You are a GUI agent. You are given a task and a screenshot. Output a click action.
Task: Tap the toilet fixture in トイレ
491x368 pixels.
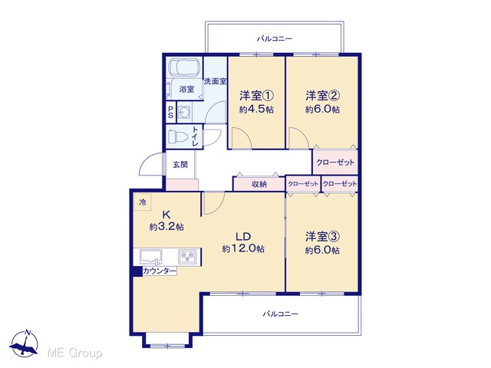177,136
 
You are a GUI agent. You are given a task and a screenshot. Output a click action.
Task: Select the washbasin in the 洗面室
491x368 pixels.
184,113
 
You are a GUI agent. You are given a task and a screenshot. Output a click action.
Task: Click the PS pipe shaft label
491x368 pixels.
170,112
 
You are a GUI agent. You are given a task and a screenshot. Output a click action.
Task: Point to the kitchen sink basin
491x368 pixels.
151,257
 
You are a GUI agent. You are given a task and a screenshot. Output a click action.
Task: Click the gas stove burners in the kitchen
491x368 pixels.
188,257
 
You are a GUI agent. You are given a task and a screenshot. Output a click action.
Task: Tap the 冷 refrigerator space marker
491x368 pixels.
143,202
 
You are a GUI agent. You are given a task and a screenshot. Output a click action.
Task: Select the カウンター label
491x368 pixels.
160,271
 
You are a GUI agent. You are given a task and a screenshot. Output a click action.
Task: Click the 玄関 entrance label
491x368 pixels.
180,165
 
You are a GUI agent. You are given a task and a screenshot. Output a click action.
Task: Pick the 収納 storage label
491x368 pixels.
259,184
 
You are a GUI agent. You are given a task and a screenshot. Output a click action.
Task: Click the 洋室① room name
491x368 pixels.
257,95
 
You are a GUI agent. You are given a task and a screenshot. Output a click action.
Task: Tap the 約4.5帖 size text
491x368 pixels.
257,110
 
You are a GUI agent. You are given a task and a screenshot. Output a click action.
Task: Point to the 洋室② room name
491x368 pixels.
322,95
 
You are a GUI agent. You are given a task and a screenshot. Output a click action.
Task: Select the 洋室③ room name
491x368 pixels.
322,237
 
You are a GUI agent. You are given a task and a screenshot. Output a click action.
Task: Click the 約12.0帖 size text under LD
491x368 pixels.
243,248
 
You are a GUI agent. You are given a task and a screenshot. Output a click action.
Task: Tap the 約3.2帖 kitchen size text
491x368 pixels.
166,227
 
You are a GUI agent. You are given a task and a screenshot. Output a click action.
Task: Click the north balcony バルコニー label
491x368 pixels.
275,39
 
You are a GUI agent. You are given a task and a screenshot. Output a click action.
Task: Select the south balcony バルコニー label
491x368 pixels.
281,314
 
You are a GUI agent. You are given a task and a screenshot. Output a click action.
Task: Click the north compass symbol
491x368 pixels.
24,343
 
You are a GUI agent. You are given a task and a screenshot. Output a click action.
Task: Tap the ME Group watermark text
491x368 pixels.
74,353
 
